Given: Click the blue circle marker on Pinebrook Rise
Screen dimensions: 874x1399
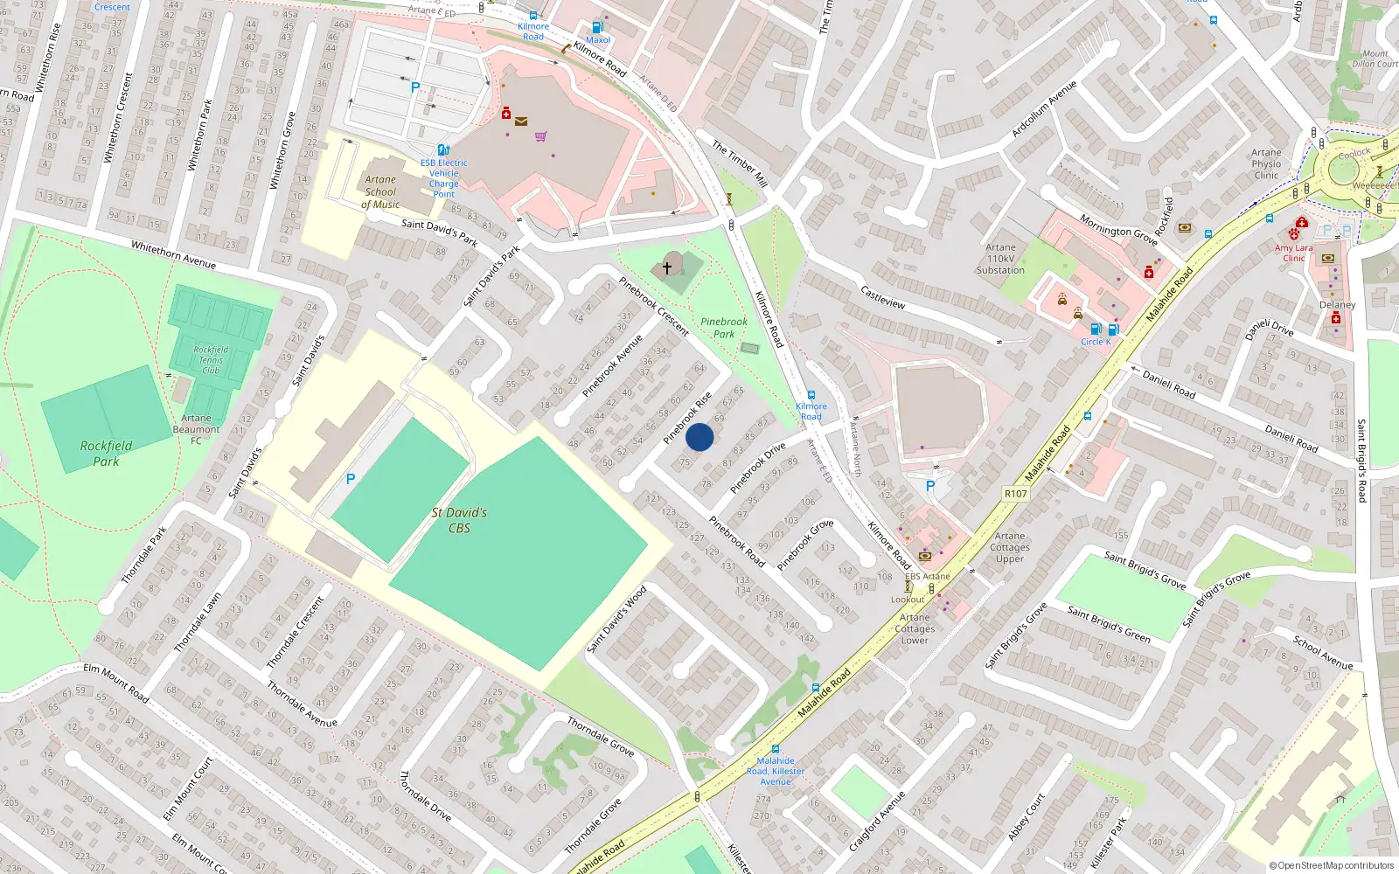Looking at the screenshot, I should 699,437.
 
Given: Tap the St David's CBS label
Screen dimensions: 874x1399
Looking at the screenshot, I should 459,520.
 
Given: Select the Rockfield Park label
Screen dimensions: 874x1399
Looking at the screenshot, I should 106,453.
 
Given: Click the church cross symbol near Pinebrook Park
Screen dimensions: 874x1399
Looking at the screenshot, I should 667,268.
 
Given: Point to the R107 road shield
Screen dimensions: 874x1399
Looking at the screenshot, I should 1015,494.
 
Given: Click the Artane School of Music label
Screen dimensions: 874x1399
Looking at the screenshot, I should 380,192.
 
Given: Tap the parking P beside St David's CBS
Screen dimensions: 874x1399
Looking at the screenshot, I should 351,479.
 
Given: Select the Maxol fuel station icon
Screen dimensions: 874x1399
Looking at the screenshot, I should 598,28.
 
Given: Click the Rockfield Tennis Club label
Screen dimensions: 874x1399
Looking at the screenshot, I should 211,360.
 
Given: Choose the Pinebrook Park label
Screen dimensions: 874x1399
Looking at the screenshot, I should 724,328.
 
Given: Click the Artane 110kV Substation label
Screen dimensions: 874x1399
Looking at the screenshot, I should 1000,259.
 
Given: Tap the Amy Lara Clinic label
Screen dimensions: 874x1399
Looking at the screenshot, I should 1293,253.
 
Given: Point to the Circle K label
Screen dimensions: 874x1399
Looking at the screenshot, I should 1096,342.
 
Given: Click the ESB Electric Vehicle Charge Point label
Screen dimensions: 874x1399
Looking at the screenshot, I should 444,178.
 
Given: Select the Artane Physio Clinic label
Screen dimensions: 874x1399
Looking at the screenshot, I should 1266,163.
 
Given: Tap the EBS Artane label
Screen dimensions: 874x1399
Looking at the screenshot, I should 927,576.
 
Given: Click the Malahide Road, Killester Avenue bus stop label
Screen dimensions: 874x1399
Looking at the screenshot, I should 776,771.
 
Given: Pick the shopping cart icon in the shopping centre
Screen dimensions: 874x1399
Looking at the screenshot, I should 540,136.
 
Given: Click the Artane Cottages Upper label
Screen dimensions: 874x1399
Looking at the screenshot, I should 1010,547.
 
